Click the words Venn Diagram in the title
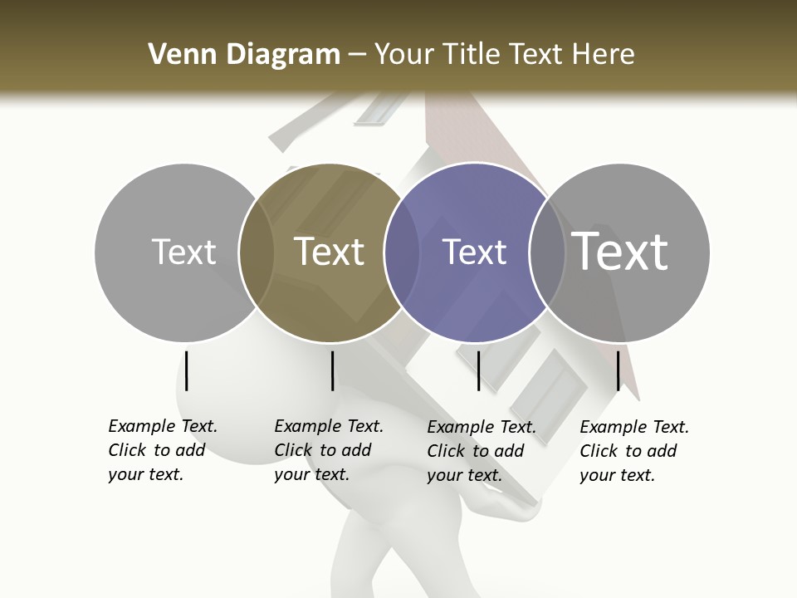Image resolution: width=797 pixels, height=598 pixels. click(x=244, y=55)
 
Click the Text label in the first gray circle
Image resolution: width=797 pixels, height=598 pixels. click(x=183, y=252)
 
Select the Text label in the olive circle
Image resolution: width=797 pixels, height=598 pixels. click(x=329, y=252)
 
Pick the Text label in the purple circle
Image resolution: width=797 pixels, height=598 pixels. click(x=474, y=252)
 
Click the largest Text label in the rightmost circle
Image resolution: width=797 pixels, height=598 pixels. click(x=620, y=252)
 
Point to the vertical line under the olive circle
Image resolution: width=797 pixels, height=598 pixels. click(x=332, y=370)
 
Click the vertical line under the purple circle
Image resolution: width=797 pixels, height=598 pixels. click(x=478, y=370)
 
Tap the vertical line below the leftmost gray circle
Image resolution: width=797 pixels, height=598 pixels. click(x=187, y=370)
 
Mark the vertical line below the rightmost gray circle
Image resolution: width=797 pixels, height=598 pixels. click(x=618, y=370)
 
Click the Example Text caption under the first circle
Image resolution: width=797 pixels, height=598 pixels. click(x=162, y=450)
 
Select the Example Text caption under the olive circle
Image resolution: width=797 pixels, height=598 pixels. click(x=328, y=450)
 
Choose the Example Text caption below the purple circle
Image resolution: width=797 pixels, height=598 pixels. click(x=481, y=450)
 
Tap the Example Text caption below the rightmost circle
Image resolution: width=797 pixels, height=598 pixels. click(x=633, y=450)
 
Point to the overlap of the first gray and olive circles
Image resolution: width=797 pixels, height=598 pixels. click(x=257, y=252)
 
